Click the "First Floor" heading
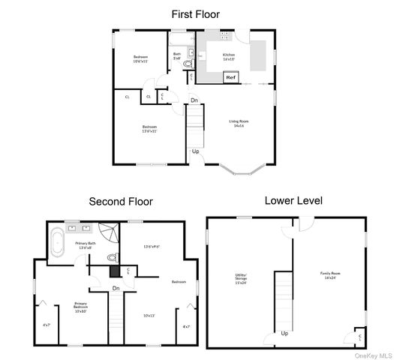click(x=197, y=14)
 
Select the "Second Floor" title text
click(x=122, y=202)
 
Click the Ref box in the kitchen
click(x=231, y=77)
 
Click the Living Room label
click(x=239, y=122)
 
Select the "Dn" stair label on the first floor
click(x=194, y=100)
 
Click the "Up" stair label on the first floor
click(x=196, y=151)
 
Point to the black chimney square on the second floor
click(x=114, y=274)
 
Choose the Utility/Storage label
click(x=241, y=278)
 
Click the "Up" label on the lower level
click(x=284, y=332)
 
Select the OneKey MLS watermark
click(x=374, y=355)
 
